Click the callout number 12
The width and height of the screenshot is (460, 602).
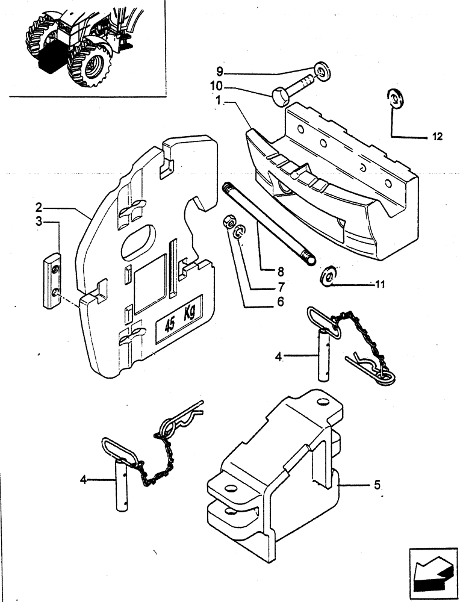(437, 137)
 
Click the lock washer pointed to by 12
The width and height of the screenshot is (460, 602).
(396, 99)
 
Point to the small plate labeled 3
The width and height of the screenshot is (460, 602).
(52, 281)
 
